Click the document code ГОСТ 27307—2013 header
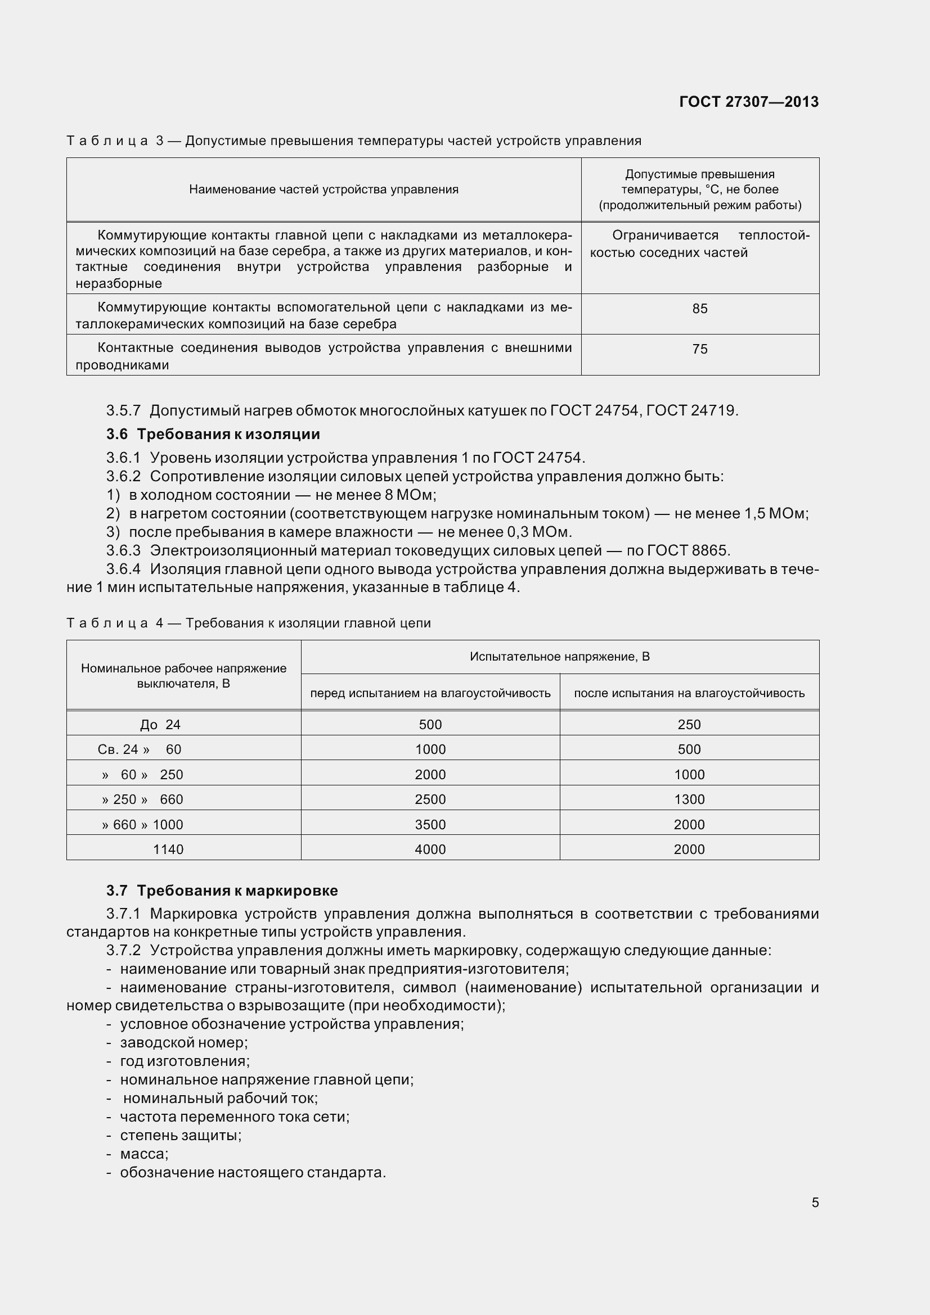pos(748,102)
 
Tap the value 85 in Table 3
pos(700,309)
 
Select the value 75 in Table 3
pos(700,349)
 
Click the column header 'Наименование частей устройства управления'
pos(324,189)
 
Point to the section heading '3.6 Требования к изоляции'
pos(213,434)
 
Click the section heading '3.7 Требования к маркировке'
pos(222,891)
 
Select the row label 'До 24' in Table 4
pos(160,725)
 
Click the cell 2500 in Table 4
pos(430,799)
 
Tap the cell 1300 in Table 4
pos(689,799)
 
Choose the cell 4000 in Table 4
pos(430,849)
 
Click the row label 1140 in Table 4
pos(168,849)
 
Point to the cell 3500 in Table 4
pos(430,825)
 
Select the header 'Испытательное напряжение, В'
pos(559,656)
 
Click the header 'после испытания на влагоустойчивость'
pos(689,693)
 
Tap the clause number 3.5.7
pos(123,410)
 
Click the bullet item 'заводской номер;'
pos(183,1043)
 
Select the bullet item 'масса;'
pos(144,1154)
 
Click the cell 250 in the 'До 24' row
pos(689,725)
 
